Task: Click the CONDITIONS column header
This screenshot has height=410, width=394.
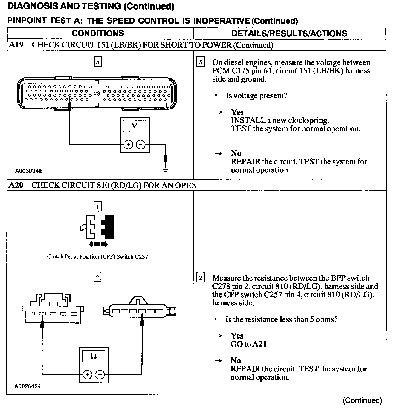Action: [98, 33]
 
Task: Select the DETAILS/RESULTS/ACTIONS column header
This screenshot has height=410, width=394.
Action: [289, 33]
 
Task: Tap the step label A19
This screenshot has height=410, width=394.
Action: [16, 45]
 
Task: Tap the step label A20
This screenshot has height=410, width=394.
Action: [16, 185]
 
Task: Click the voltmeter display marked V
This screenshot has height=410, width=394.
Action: [134, 126]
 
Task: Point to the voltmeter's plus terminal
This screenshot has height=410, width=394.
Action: [128, 144]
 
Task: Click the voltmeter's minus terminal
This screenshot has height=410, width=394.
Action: [141, 144]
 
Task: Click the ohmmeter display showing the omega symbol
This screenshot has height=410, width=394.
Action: [94, 356]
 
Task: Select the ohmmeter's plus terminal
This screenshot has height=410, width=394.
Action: [87, 374]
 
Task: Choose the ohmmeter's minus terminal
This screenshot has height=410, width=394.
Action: [100, 374]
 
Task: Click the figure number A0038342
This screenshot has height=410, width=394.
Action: [28, 171]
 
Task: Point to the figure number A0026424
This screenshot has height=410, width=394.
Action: [28, 386]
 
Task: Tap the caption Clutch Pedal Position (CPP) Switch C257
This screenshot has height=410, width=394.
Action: [97, 257]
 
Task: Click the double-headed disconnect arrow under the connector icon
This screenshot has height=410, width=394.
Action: [98, 244]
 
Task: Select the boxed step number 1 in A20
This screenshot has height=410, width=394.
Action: [97, 206]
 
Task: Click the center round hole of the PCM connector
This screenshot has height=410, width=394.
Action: [97, 94]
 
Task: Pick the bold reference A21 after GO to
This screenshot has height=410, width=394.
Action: [260, 344]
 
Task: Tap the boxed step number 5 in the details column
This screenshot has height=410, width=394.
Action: [201, 62]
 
